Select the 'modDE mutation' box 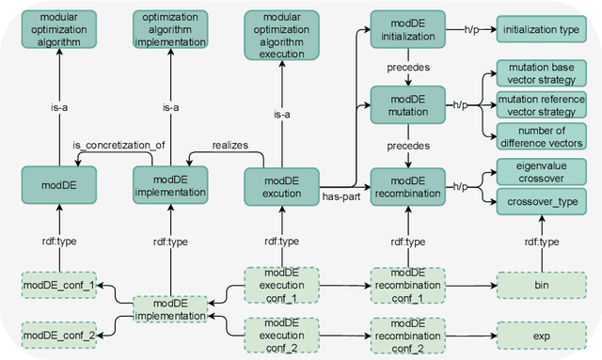[x=406, y=103]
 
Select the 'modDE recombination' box [x=406, y=185]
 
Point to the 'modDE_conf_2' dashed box [x=58, y=332]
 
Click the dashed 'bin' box [x=534, y=283]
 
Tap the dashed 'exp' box [x=534, y=332]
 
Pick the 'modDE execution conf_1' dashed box [x=281, y=283]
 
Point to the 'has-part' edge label [x=341, y=197]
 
